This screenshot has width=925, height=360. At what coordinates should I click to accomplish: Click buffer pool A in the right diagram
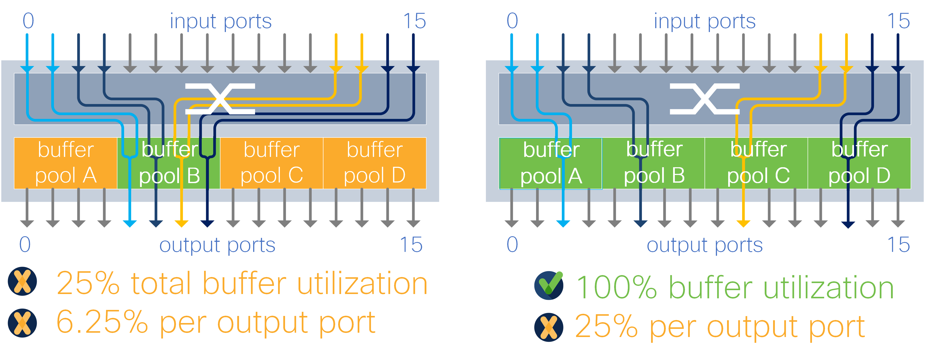pos(550,163)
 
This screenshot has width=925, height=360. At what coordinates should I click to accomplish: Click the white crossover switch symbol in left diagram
pos(220,99)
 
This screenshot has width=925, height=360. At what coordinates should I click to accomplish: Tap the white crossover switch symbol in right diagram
pos(705,99)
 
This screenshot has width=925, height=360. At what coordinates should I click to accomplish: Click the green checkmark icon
pos(549,286)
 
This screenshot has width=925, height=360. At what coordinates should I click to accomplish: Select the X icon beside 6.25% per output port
pos(22,323)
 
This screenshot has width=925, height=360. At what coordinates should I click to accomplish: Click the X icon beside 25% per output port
pos(549,327)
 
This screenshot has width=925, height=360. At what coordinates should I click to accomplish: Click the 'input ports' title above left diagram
pos(220,21)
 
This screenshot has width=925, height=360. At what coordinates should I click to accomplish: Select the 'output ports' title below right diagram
pos(705,245)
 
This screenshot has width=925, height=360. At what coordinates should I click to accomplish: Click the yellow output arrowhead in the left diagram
pos(181,223)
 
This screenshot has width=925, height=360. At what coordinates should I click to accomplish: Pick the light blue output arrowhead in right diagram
pos(563,223)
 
